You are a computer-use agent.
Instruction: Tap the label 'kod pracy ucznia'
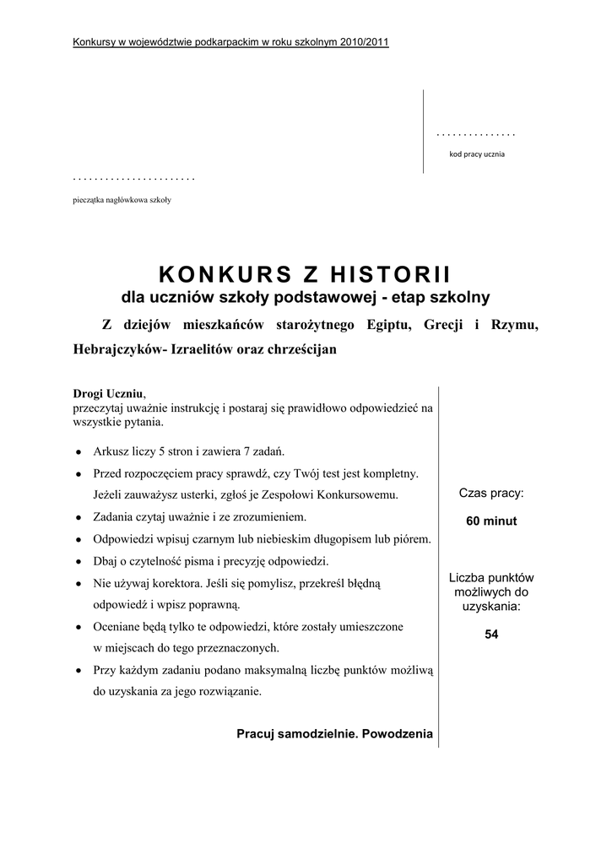pos(476,154)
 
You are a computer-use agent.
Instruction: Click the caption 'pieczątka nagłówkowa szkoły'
pos(122,200)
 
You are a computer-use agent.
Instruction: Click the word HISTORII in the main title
pos(389,274)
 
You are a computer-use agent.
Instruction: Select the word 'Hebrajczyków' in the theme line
pos(116,349)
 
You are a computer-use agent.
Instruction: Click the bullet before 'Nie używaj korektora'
pos(78,583)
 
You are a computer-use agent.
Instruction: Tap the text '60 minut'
pos(491,521)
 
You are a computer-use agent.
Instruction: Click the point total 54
pos(491,635)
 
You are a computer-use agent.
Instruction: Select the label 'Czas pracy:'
pos(491,493)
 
